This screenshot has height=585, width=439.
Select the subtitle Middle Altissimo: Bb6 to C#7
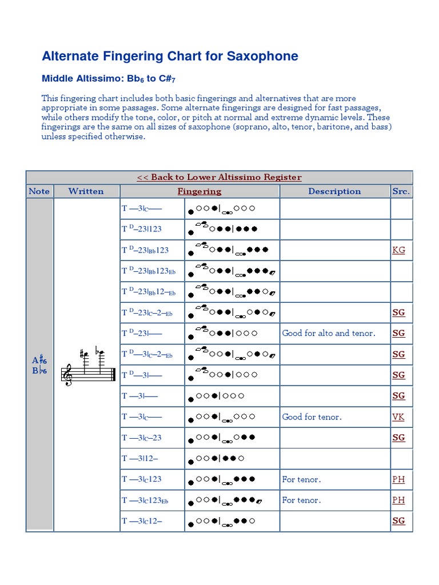point(105,79)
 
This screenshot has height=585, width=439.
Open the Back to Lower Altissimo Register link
point(219,177)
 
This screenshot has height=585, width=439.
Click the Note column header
point(39,191)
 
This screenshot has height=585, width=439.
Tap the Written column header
point(86,191)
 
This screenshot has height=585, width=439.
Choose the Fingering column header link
point(199,191)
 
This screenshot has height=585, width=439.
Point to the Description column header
point(334,191)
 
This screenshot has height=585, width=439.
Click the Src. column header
point(401,191)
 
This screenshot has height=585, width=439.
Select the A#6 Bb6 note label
point(39,365)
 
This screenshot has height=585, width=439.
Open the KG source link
point(398,250)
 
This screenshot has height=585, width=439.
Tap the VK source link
point(398,417)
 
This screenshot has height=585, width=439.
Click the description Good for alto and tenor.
point(329,333)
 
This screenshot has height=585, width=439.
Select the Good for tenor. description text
point(312,417)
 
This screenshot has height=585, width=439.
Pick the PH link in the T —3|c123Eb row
point(398,500)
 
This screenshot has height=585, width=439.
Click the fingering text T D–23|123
point(142,229)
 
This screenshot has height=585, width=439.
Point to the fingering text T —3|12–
point(140,458)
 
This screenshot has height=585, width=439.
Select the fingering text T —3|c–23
point(142,438)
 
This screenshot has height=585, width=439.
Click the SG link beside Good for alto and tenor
point(398,333)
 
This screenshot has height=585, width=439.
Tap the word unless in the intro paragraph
point(55,137)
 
